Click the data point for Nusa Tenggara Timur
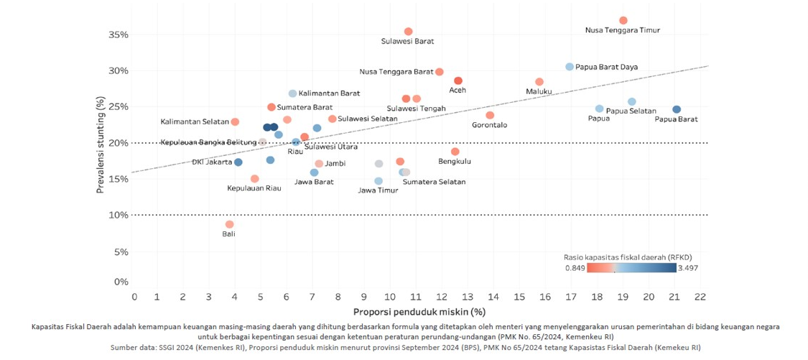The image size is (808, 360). [x=623, y=20]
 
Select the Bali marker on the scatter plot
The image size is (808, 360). [x=229, y=224]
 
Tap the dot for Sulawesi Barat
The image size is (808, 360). [x=408, y=32]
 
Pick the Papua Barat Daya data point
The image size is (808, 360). [x=570, y=67]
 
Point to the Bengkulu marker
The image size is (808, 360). [x=455, y=152]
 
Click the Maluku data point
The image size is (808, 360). [x=539, y=82]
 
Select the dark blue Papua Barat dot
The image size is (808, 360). [x=677, y=109]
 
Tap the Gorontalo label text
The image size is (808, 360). [x=489, y=125]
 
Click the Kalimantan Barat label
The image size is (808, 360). [x=329, y=93]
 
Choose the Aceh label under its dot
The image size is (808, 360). [x=458, y=91]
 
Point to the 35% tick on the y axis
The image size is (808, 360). [x=119, y=34]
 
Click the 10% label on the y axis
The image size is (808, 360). [x=119, y=215]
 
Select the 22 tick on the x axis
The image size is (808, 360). [x=700, y=297]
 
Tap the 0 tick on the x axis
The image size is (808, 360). [x=134, y=297]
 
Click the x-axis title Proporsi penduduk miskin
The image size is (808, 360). [x=419, y=312]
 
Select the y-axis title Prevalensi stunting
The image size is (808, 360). [x=102, y=147]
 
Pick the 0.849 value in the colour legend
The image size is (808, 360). [x=575, y=268]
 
